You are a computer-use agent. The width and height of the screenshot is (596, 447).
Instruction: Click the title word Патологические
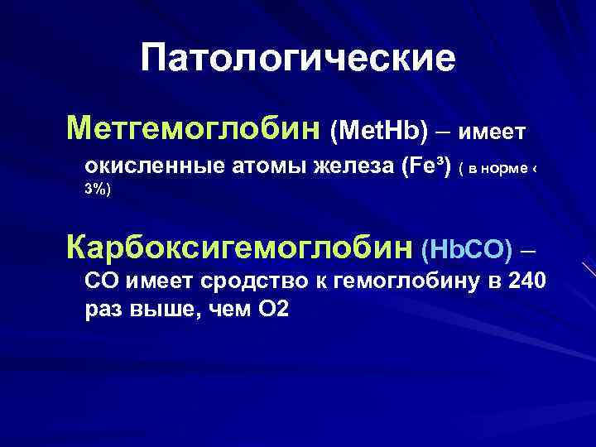(298, 59)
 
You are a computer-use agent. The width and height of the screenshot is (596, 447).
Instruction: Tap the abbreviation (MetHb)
(379, 131)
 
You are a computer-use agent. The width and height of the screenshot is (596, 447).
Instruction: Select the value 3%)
(98, 190)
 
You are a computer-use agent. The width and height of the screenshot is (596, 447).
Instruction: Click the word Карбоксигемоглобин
(240, 246)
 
